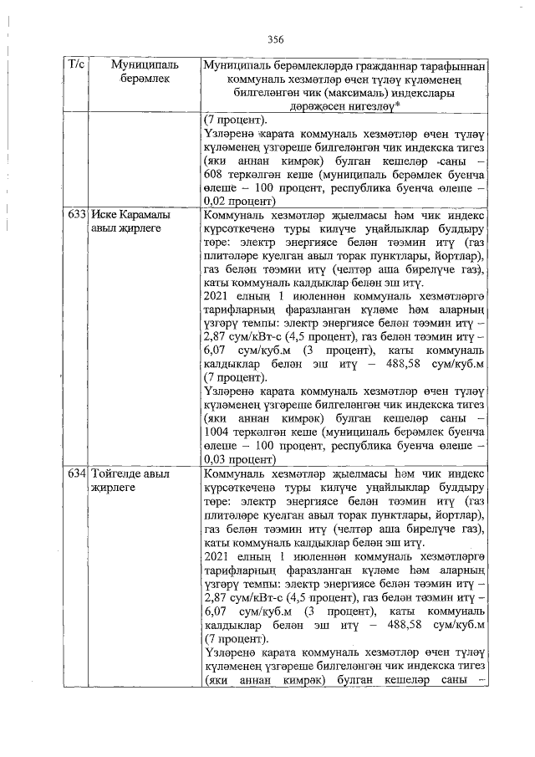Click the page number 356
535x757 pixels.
277,39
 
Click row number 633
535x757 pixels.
77,214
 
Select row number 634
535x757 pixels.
77,473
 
